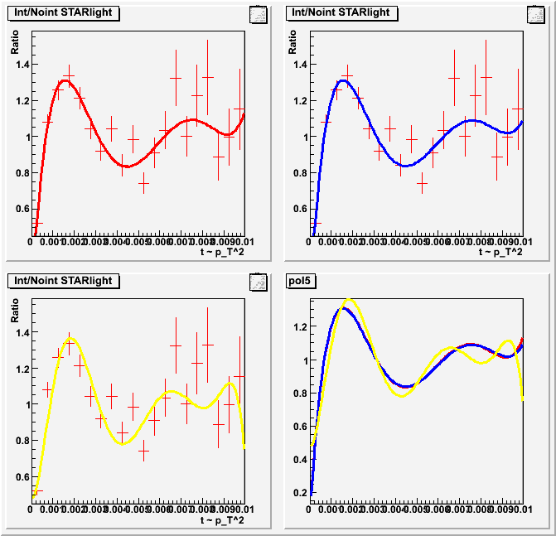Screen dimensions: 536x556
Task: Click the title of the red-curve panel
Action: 61,12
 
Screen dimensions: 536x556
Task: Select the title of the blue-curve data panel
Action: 340,12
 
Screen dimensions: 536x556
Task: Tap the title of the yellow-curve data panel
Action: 61,281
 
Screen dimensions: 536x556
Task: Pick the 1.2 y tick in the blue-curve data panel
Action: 298,101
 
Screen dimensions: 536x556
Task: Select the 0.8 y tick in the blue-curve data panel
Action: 298,173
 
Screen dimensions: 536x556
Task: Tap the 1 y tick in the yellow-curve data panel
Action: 25,405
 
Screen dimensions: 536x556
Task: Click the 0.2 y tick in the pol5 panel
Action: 298,493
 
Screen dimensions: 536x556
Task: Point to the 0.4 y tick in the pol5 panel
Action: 298,460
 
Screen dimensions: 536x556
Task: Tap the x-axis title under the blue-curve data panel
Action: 500,252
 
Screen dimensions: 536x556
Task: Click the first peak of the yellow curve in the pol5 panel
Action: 349,299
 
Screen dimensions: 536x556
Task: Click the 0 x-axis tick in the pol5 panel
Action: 310,509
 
